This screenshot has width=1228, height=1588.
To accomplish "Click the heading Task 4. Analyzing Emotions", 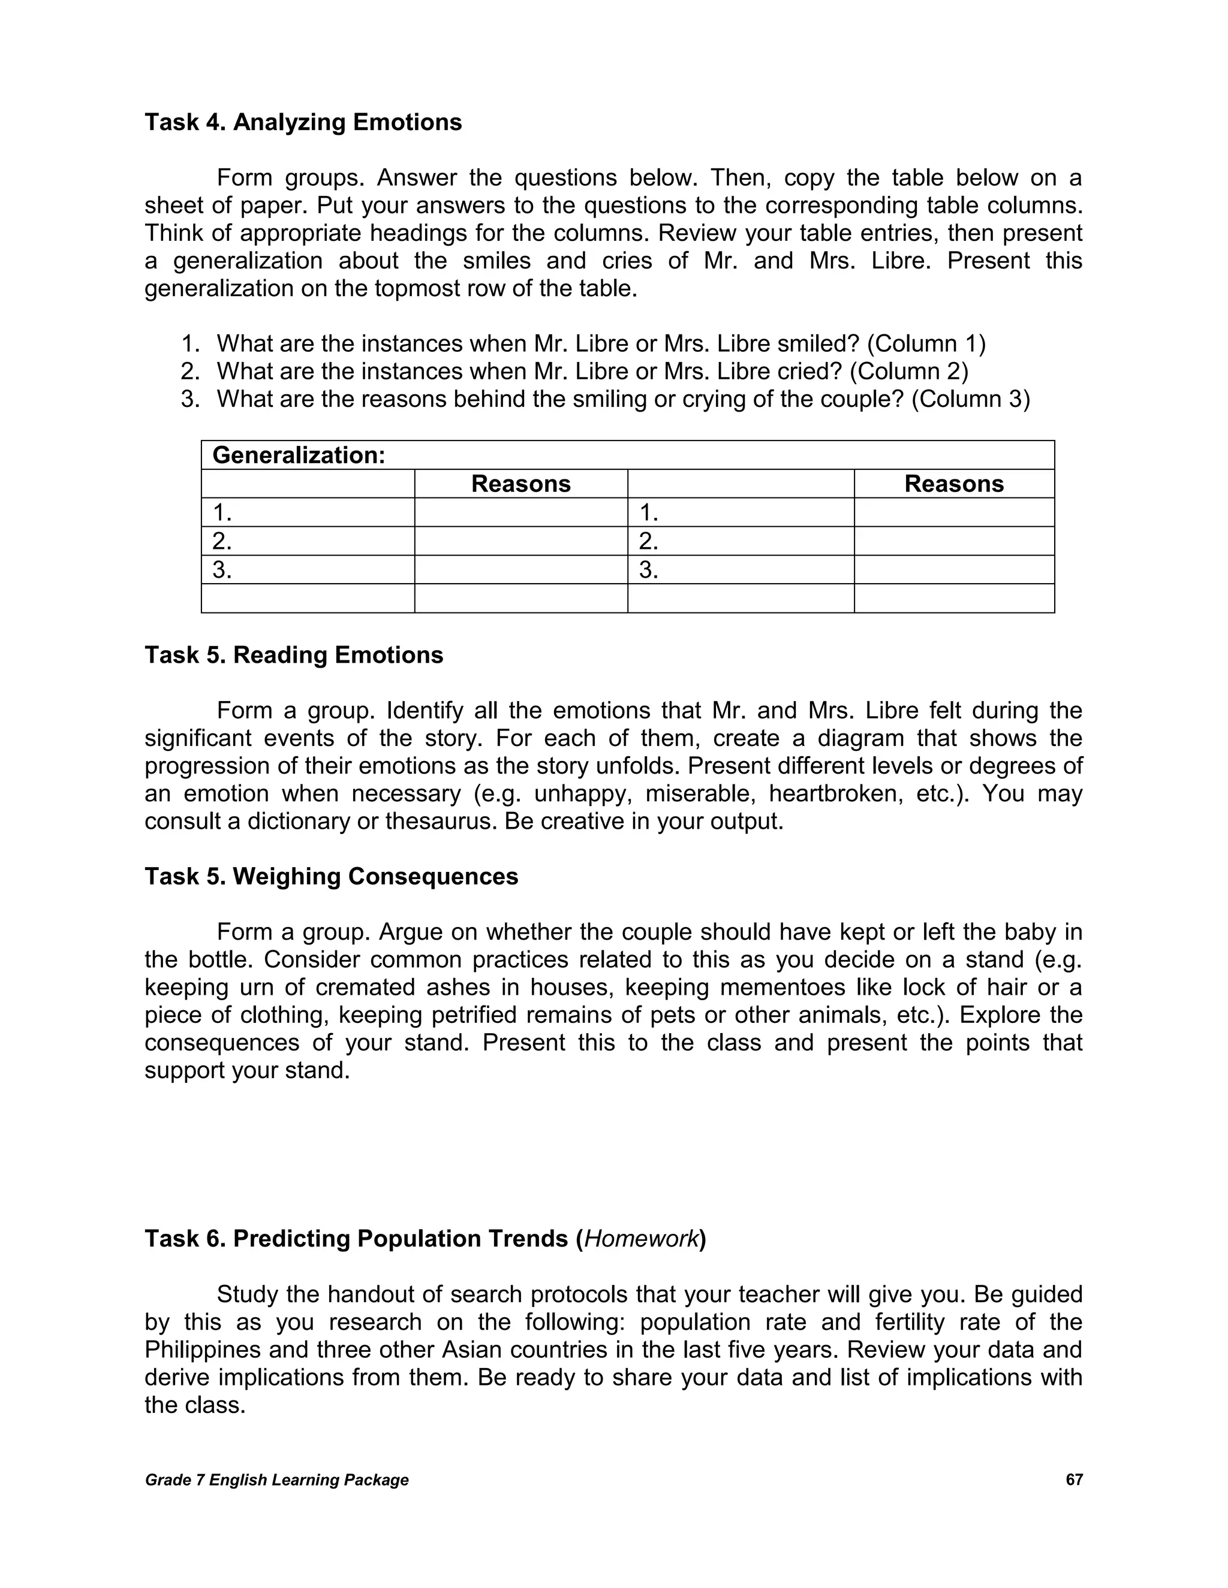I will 303,122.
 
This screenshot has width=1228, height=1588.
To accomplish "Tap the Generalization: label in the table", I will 298,455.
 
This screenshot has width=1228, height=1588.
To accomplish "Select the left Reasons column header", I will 521,484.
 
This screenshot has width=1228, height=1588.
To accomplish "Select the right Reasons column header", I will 954,484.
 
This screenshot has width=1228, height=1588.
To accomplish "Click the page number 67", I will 1074,1480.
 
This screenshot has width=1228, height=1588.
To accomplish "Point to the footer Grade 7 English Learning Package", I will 276,1480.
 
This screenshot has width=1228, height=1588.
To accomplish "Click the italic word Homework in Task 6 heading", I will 641,1238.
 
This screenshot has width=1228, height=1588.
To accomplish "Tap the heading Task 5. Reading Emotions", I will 294,655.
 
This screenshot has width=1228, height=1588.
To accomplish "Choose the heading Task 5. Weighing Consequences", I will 331,876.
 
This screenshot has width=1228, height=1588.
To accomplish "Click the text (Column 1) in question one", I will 926,344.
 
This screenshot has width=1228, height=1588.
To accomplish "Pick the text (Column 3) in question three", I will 971,399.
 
